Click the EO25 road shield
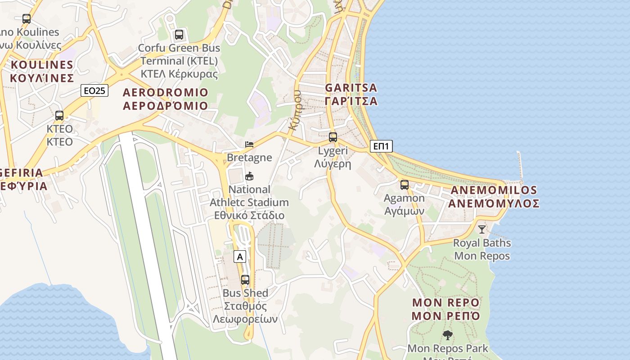point(94,90)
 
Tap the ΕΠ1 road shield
point(382,146)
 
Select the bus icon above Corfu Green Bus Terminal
point(179,34)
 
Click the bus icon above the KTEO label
point(59,116)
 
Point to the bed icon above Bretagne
point(249,144)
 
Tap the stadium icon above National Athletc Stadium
point(249,176)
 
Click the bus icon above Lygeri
point(333,137)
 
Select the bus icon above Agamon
point(405,184)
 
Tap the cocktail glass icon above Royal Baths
point(482,229)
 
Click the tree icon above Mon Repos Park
point(447,335)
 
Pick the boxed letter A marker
point(240,256)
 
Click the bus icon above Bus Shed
point(245,279)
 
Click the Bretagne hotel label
point(249,157)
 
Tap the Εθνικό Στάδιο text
point(249,215)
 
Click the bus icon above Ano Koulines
point(27,18)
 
